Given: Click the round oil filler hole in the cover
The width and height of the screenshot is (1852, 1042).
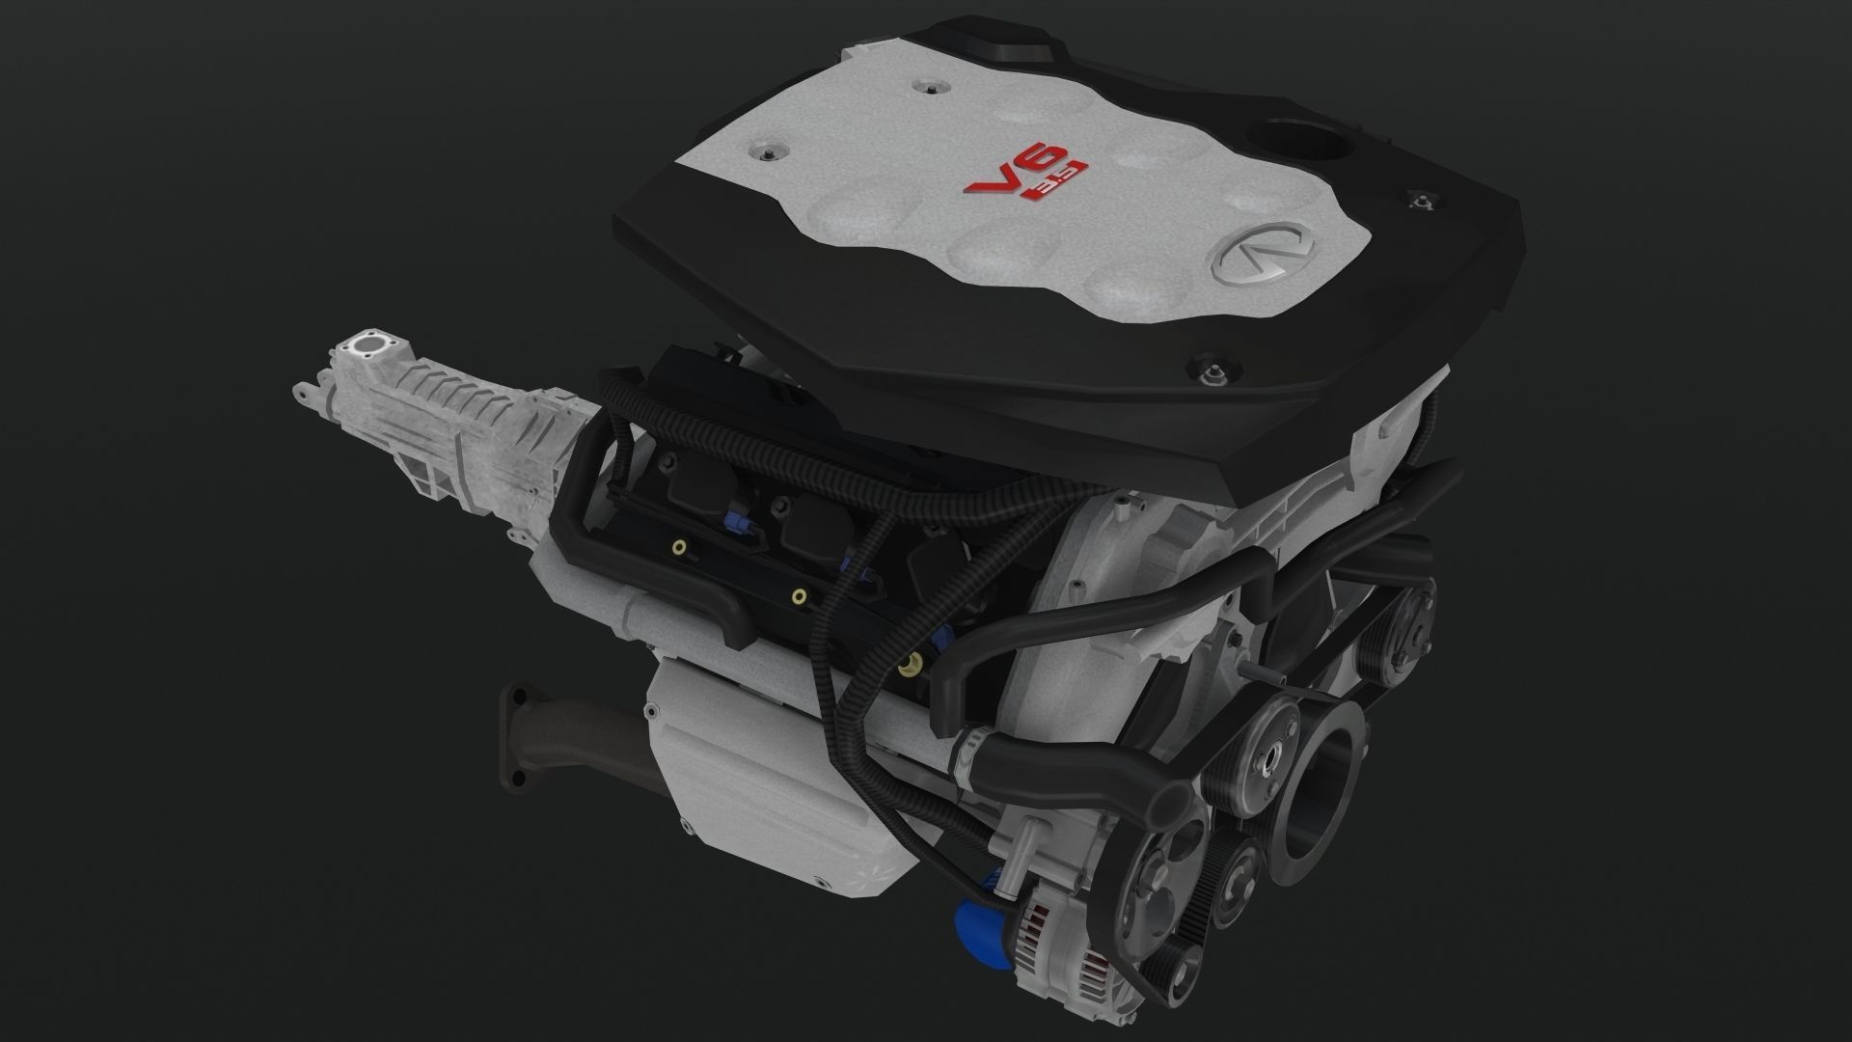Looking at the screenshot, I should coord(1294,141).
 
